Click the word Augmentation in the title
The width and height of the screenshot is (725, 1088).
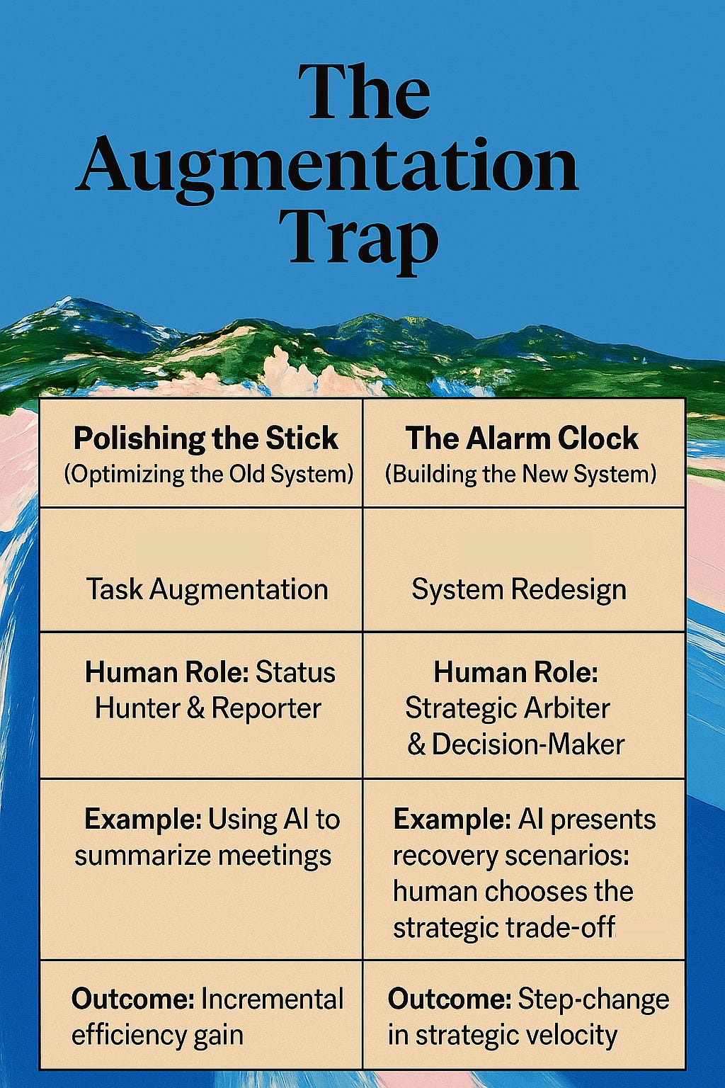(327, 165)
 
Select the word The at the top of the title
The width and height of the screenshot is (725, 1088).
(364, 92)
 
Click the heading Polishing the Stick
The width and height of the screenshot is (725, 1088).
(206, 438)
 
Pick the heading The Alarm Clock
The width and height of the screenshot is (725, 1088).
(522, 438)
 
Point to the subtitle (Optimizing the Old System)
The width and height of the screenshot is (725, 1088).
(208, 474)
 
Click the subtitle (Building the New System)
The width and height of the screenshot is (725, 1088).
(520, 474)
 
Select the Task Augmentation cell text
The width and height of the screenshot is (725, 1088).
(207, 589)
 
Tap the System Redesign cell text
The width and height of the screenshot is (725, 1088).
(519, 589)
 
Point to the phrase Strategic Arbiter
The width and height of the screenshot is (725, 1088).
(507, 708)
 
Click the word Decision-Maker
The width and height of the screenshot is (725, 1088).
(528, 744)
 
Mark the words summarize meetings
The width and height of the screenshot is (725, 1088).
(202, 856)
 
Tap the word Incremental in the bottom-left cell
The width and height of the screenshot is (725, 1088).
(273, 999)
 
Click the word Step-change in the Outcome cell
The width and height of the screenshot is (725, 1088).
(593, 999)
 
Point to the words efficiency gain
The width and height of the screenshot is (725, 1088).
(157, 1036)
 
